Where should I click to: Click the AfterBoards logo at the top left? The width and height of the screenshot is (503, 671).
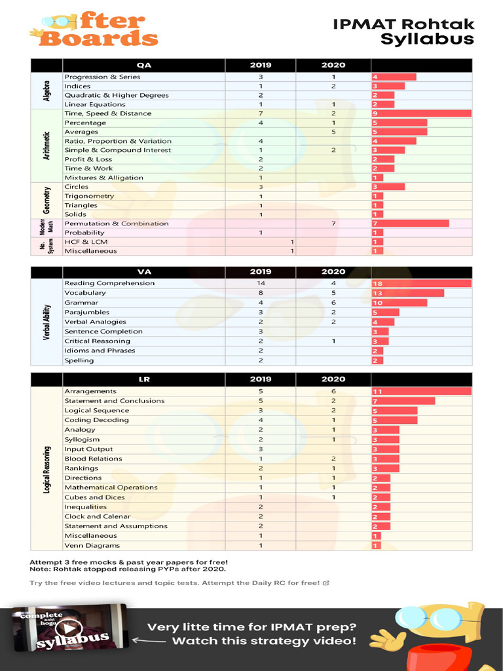[94, 30]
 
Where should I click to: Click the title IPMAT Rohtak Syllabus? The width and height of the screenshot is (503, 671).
[403, 31]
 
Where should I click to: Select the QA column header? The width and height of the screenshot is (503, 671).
[144, 66]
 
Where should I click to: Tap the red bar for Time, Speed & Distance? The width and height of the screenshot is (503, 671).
[421, 113]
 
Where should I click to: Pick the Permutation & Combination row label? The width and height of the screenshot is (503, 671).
[116, 223]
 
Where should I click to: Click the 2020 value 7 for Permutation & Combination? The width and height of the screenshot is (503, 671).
[333, 223]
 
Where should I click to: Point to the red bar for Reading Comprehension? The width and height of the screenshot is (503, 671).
[421, 283]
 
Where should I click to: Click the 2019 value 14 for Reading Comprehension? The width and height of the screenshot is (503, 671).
[261, 283]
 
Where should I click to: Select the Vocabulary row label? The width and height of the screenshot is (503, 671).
[85, 293]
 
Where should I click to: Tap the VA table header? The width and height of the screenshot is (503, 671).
[144, 271]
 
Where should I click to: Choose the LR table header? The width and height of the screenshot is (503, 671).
[144, 379]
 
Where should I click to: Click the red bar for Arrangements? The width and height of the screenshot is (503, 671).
[421, 391]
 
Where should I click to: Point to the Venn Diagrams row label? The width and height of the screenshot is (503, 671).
[92, 545]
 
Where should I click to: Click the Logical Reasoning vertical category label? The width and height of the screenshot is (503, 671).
[47, 469]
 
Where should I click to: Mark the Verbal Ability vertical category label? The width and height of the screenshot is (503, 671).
[47, 322]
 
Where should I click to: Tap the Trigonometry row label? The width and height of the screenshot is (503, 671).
[89, 196]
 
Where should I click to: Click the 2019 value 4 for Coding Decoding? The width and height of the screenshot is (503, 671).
[261, 420]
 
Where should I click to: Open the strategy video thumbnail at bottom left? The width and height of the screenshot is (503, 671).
[71, 628]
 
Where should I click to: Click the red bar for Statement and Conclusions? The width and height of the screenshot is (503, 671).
[403, 401]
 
